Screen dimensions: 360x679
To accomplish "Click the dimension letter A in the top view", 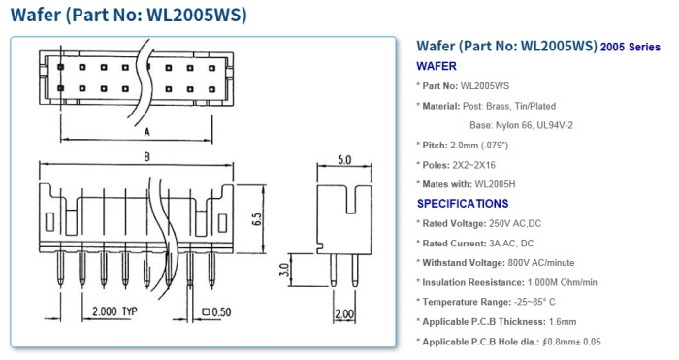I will click(x=145, y=129).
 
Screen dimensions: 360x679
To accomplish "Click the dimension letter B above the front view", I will click(x=145, y=155).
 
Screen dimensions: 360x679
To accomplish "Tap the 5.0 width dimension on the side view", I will click(x=343, y=159).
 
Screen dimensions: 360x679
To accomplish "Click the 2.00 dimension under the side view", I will click(x=344, y=314).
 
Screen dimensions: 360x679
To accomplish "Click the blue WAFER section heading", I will click(x=436, y=67).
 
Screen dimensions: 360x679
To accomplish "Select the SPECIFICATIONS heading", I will click(x=463, y=204).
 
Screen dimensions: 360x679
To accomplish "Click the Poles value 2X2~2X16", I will click(x=492, y=164).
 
